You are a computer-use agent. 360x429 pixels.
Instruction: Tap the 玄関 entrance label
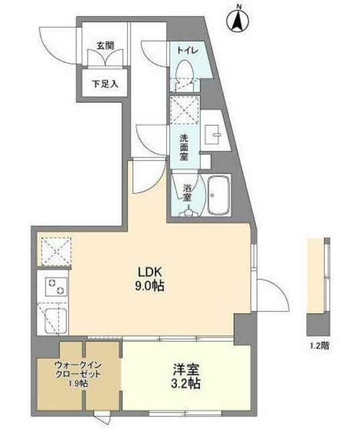point(105,46)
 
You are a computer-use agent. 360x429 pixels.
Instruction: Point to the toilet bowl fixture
point(184,70)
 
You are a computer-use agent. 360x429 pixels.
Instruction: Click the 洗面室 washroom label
point(185,147)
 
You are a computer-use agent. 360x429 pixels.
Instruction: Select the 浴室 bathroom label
point(187,192)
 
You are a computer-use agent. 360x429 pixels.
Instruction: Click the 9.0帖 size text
point(152,286)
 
